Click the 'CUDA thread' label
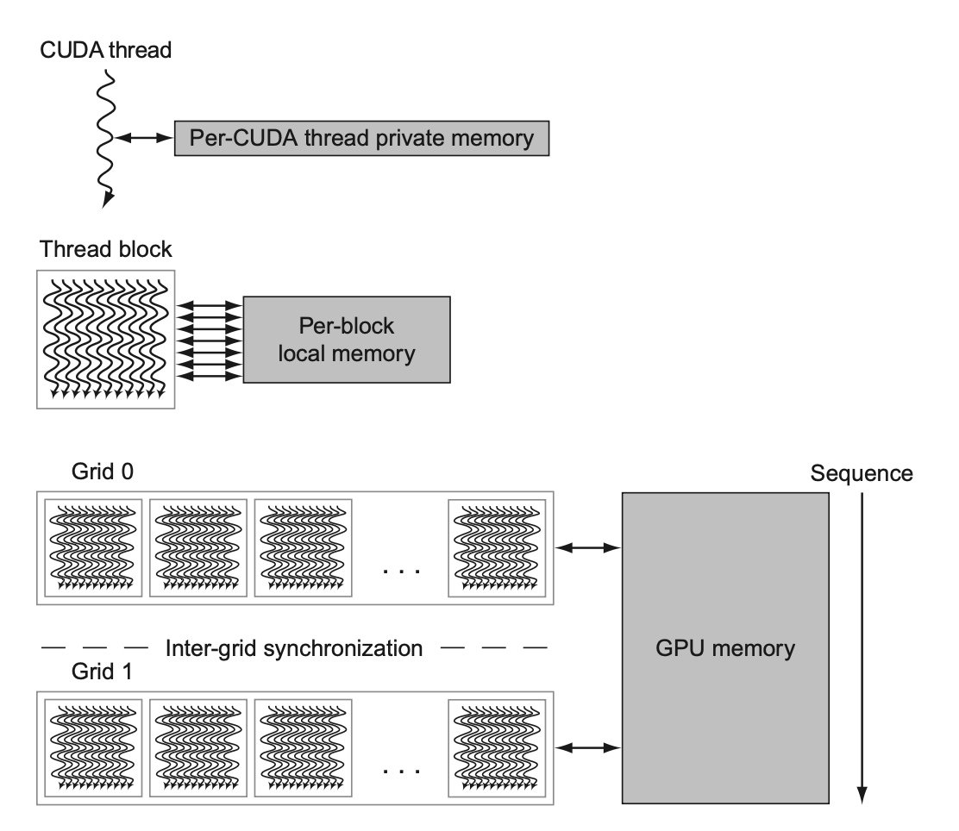[x=106, y=49]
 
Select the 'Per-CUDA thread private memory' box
[x=361, y=137]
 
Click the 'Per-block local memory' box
[x=347, y=340]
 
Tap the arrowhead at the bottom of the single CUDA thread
[x=107, y=201]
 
